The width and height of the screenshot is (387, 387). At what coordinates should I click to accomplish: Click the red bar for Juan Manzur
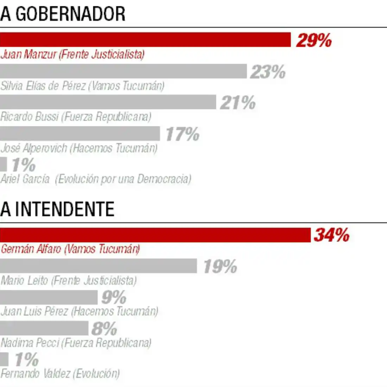click(145, 40)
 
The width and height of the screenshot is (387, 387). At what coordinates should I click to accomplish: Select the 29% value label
click(314, 40)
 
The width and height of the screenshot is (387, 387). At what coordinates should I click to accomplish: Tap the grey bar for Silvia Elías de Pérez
click(123, 71)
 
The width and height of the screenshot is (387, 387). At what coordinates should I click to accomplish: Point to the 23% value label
click(268, 72)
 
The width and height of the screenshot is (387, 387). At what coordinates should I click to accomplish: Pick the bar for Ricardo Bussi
click(108, 102)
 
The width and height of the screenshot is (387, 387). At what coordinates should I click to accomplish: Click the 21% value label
click(238, 103)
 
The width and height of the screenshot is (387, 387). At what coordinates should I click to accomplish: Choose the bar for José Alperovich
click(80, 134)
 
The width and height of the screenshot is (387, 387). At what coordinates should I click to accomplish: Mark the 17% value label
click(182, 134)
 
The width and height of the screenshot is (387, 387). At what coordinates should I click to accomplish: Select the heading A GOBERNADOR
click(63, 14)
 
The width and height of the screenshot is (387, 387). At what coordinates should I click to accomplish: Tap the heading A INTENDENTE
click(57, 209)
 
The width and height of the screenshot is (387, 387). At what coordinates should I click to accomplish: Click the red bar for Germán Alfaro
click(155, 235)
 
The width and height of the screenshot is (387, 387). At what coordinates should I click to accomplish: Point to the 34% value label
click(331, 235)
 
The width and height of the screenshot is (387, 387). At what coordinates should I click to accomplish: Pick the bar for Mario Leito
click(99, 266)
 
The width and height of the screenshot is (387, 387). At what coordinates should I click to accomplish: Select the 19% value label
click(220, 267)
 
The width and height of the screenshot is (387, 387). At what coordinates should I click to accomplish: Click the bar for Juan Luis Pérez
click(49, 297)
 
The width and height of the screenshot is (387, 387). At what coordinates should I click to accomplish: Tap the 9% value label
click(114, 298)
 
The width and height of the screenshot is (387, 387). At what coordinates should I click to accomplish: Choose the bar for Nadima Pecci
click(44, 328)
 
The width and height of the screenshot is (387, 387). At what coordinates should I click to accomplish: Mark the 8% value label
click(104, 329)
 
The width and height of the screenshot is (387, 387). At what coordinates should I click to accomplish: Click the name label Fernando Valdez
click(60, 373)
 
